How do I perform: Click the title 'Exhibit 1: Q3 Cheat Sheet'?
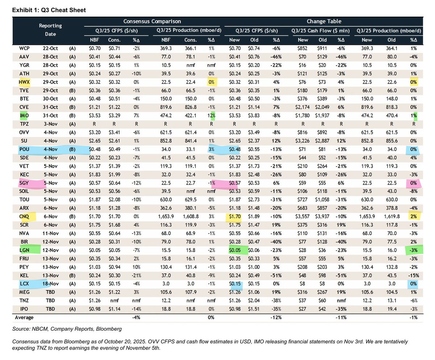pyautogui.click(x=49, y=10)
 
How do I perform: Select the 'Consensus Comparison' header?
pyautogui.click(x=152, y=21)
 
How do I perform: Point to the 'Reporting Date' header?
pyautogui.click(x=51, y=29)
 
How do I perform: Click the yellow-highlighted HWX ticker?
pyautogui.click(x=22, y=82)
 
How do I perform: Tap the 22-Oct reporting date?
pyautogui.click(x=51, y=48)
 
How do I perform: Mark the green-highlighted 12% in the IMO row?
pyautogui.click(x=211, y=116)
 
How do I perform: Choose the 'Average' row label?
pyautogui.click(x=24, y=317)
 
